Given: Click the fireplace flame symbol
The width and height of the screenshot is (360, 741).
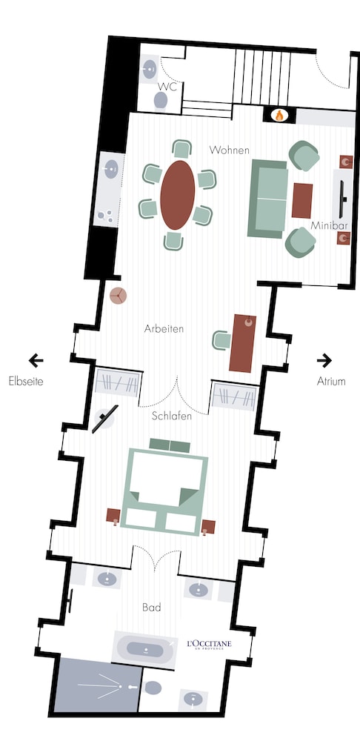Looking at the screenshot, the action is tap(279, 116).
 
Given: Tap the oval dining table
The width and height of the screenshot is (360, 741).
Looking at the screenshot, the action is tap(178, 195).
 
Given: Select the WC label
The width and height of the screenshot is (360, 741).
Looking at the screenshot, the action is tap(167, 87).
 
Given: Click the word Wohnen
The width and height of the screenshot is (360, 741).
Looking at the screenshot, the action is tap(229, 150).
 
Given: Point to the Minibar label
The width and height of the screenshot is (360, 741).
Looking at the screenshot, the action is tap(329, 225).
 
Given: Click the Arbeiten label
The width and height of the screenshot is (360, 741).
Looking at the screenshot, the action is tap(164, 329).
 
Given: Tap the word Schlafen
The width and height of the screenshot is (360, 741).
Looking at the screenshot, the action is tap(172, 416).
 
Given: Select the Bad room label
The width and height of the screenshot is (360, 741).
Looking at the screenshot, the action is tap(152, 608).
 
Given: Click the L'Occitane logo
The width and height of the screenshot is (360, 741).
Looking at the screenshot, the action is tap(210, 644).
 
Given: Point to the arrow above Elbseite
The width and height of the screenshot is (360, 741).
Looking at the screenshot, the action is tap(36, 361).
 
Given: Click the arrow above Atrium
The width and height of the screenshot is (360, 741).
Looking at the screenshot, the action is tap(324, 361).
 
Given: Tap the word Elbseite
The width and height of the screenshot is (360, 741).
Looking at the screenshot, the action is tap(26, 382).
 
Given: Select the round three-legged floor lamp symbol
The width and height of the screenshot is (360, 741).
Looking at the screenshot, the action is tap(118, 296).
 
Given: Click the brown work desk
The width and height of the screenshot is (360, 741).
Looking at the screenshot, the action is tap(242, 343).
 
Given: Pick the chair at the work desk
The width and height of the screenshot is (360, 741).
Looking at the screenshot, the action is tap(221, 340).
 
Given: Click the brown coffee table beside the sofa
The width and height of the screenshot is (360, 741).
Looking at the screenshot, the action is tap(302, 201).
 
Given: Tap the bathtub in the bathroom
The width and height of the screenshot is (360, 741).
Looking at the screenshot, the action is tap(145, 651).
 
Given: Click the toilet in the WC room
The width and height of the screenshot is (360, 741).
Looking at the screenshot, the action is tap(161, 100).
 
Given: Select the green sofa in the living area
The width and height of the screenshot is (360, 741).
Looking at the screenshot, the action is tap(267, 199).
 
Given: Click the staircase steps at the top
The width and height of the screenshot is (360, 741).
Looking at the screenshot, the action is tap(261, 77).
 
